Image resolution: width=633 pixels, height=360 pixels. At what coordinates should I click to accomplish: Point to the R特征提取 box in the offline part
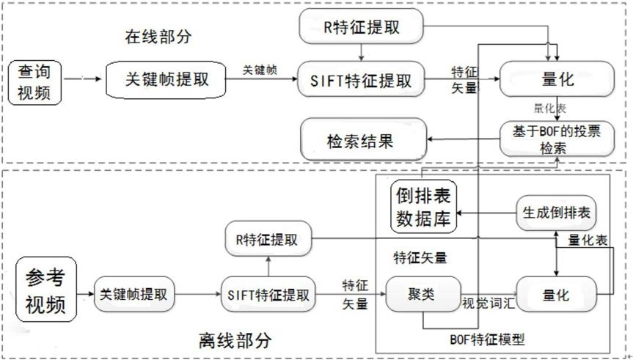[268, 239]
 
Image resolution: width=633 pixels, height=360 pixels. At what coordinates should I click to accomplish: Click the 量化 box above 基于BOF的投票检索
[555, 79]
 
